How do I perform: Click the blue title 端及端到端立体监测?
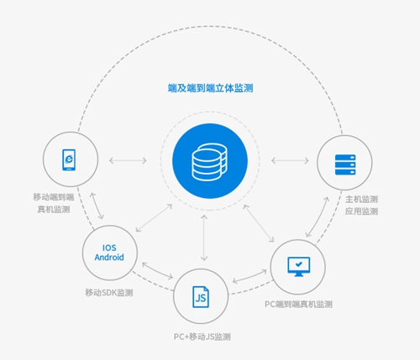(x=210, y=88)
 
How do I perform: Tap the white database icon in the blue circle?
(x=209, y=162)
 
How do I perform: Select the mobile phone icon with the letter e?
(x=69, y=159)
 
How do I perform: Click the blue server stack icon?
(x=345, y=164)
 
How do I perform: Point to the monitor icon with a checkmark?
(x=299, y=267)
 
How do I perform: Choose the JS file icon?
(x=201, y=297)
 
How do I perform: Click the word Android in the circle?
(x=109, y=257)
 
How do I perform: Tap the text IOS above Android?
(x=109, y=248)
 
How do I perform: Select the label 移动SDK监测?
(x=109, y=293)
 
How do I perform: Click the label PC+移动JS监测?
(x=202, y=337)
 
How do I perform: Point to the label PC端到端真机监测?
(x=298, y=304)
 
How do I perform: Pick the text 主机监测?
(x=361, y=199)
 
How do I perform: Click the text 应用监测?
(x=361, y=211)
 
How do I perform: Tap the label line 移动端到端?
(x=54, y=197)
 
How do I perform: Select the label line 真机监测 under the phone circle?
(x=54, y=209)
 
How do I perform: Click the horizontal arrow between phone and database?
(x=128, y=160)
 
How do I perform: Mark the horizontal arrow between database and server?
(x=290, y=160)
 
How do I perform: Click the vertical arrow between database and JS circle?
(x=204, y=238)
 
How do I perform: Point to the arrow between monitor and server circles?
(x=318, y=217)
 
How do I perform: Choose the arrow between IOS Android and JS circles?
(x=158, y=271)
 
